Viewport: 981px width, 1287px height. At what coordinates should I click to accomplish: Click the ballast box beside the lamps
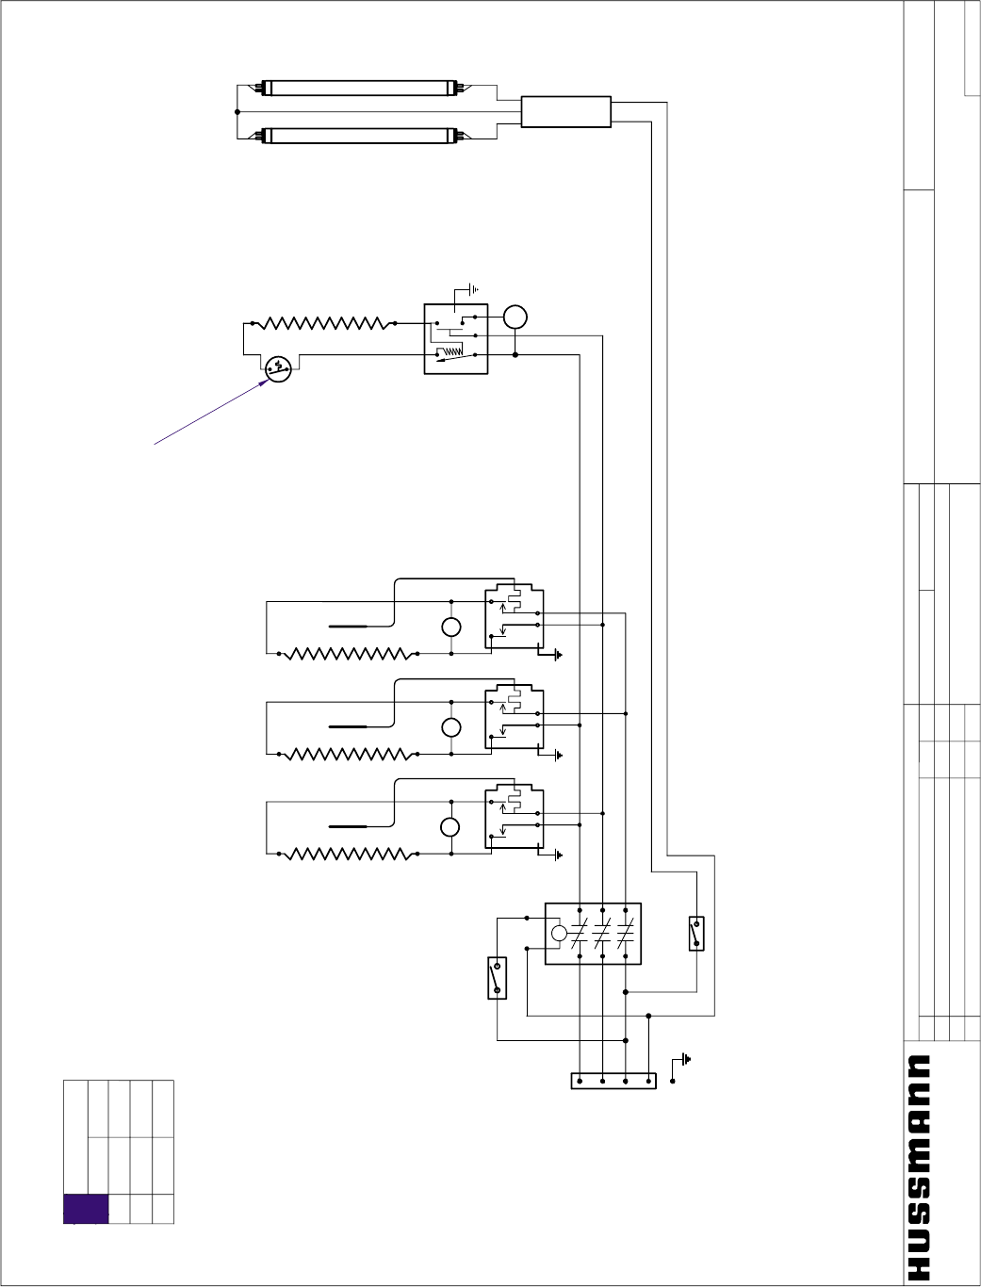point(565,112)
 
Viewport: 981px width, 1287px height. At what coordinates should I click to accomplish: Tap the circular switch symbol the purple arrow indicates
point(277,367)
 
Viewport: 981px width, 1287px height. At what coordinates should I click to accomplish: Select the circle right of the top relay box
point(515,318)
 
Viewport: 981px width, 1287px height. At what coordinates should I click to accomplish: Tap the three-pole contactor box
point(593,934)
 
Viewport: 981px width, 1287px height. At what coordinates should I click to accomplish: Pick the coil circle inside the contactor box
point(559,934)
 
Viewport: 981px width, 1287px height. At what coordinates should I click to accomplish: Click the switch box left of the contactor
point(497,978)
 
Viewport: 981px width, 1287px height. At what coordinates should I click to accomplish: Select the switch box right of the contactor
point(696,934)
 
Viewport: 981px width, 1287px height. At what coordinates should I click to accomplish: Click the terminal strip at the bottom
point(613,1081)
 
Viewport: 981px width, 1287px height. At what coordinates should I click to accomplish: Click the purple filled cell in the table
point(86,1209)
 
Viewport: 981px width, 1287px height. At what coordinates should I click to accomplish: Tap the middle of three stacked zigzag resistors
point(347,754)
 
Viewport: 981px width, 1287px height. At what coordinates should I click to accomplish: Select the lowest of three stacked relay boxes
point(514,818)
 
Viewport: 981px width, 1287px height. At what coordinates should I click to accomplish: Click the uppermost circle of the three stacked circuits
point(451,628)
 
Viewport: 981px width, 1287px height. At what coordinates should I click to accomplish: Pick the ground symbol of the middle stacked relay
point(559,755)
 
